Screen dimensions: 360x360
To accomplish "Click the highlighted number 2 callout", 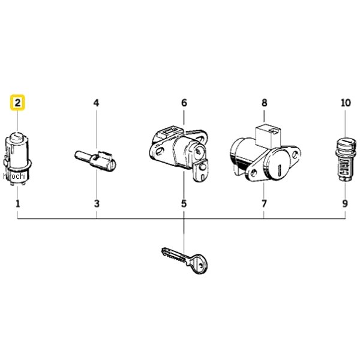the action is (17, 103).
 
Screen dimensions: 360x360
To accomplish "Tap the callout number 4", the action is (97, 103).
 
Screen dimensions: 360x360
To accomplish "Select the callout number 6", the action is (184, 103).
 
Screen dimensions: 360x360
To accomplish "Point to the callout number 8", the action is (264, 103).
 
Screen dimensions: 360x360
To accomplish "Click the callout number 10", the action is (346, 103).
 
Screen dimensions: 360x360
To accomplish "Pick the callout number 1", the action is (17, 203).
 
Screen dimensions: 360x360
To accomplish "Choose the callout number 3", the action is (97, 203).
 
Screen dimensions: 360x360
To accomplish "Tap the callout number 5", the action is (184, 203).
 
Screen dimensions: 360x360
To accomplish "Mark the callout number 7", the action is (264, 203).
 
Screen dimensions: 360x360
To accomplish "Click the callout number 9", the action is (346, 203).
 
